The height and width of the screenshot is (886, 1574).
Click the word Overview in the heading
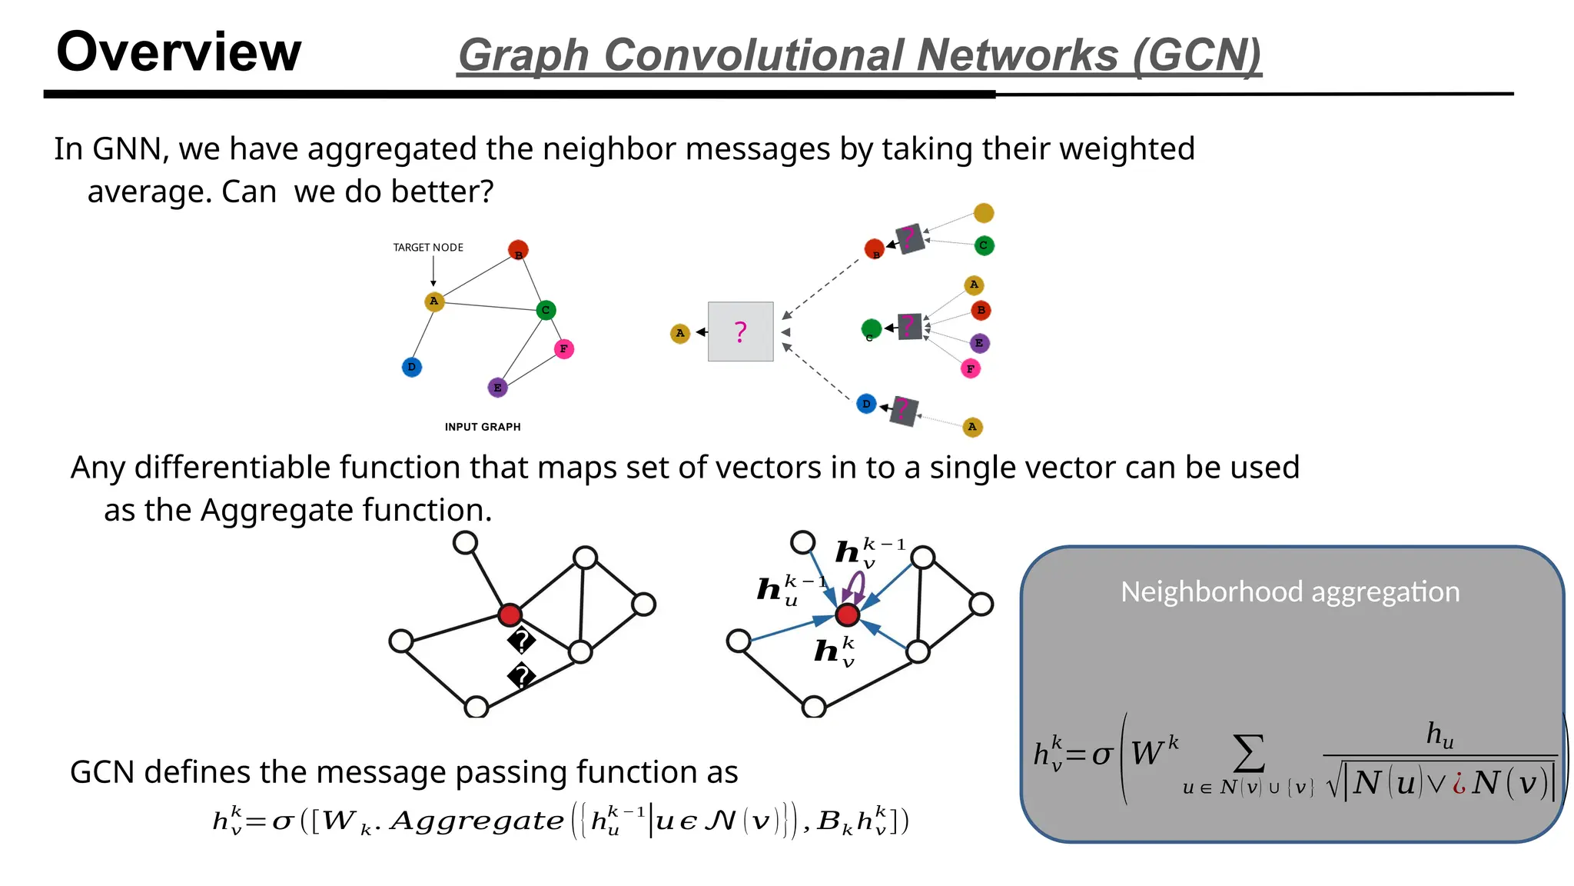tap(178, 52)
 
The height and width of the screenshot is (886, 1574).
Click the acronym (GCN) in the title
tap(1197, 55)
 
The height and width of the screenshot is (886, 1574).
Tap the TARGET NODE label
tap(428, 248)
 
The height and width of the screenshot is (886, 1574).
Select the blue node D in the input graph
tap(412, 367)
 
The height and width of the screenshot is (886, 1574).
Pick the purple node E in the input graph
tap(497, 388)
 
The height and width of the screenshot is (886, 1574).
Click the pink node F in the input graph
tap(563, 349)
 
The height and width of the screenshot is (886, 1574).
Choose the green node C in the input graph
tap(546, 310)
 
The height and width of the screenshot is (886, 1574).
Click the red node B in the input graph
tap(518, 250)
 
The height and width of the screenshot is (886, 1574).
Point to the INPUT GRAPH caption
tap(483, 427)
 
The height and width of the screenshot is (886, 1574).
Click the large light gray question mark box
tap(740, 331)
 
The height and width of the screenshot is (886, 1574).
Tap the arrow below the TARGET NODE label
tap(433, 271)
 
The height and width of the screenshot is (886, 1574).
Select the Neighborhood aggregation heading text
tap(1290, 592)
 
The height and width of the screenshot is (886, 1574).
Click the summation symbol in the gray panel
tap(1249, 754)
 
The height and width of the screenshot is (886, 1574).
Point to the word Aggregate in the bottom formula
tap(477, 821)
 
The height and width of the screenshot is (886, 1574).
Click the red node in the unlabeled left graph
tap(510, 615)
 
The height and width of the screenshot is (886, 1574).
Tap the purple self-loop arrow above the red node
tap(855, 588)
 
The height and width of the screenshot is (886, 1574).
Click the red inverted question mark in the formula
tap(1458, 784)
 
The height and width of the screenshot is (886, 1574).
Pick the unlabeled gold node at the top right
tap(983, 213)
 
